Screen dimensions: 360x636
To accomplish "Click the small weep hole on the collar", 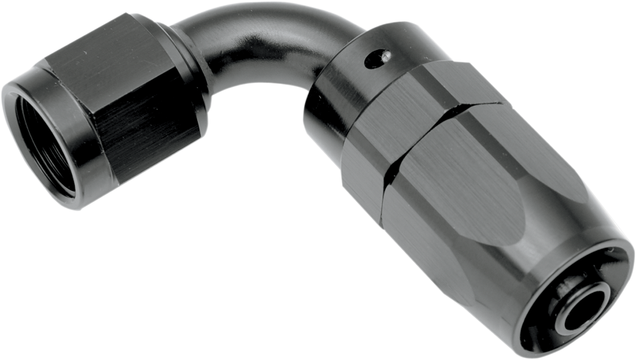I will (381, 58).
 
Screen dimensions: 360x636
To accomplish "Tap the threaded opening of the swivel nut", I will (45, 142).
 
